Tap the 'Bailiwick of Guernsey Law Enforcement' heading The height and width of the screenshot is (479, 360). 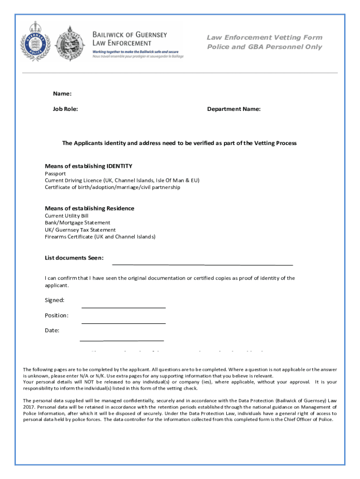tap(130, 39)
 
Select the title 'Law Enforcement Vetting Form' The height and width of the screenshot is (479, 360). tap(265, 37)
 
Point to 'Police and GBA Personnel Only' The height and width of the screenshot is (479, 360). tap(265, 47)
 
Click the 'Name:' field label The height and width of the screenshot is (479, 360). tap(62, 94)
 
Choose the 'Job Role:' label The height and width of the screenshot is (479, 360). tap(65, 109)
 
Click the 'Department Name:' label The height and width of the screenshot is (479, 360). tap(234, 109)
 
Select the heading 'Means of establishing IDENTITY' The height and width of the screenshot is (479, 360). tap(88, 166)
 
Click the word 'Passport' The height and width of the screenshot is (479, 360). tap(55, 174)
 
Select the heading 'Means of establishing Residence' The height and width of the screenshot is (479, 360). tap(89, 208)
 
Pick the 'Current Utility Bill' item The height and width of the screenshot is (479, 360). tap(66, 216)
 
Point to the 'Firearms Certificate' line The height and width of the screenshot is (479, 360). tap(100, 237)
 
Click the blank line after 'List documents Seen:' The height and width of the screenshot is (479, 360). tap(202, 264)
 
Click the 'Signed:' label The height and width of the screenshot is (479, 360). tap(55, 300)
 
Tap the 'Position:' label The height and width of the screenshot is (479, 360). tap(57, 315)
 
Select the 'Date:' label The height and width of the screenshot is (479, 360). tap(52, 330)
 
